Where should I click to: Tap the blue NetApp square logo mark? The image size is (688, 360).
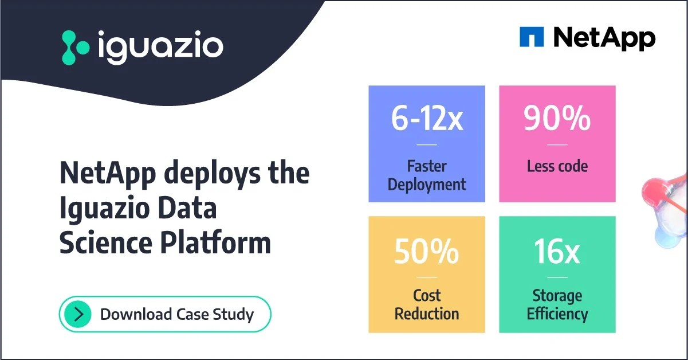tap(531, 37)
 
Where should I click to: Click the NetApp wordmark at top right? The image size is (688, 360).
tap(604, 38)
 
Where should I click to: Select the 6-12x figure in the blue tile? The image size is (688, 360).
tap(427, 118)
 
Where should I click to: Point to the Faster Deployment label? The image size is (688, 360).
tap(427, 175)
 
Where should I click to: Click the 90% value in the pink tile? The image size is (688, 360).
tap(557, 118)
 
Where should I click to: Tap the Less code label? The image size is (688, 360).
tap(557, 166)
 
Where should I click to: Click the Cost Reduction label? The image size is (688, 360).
tap(427, 304)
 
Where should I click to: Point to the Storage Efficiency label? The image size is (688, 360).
tap(557, 304)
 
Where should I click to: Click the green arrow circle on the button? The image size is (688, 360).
tap(78, 314)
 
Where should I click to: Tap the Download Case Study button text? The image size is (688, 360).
tap(176, 314)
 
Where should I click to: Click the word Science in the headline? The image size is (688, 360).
tap(105, 242)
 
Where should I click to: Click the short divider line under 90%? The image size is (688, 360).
tap(557, 144)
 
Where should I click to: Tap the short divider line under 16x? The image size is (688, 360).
tap(557, 277)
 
